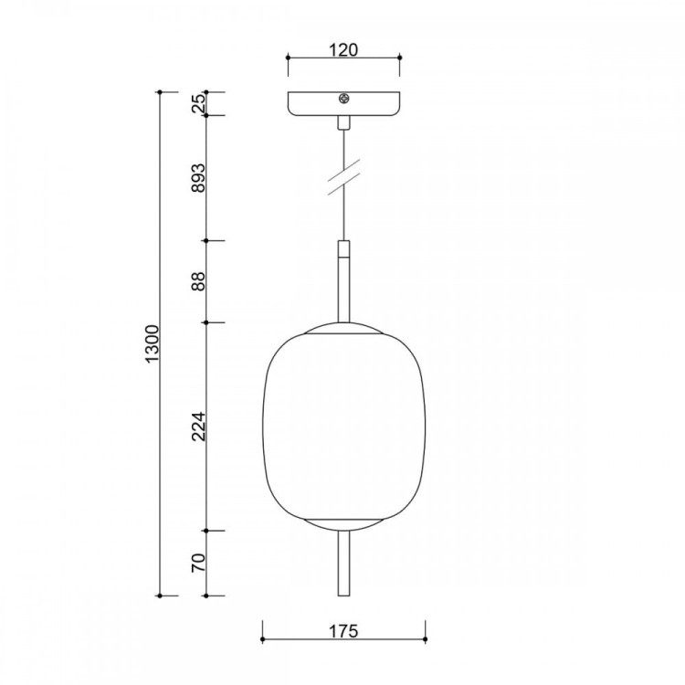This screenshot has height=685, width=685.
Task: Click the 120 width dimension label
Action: point(342,50)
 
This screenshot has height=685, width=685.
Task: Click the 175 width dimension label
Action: point(342,631)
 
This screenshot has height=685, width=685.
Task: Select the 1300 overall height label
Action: point(153,343)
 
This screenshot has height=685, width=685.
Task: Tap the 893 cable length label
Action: point(198,178)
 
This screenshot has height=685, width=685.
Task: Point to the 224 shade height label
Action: point(198,426)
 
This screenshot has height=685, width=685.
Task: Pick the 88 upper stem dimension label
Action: point(198,281)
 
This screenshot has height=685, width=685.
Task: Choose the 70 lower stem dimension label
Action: point(198,563)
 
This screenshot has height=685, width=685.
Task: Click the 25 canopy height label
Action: point(198,103)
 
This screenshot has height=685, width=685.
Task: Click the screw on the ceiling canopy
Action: point(344,99)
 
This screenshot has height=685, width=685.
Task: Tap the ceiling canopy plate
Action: point(343,104)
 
